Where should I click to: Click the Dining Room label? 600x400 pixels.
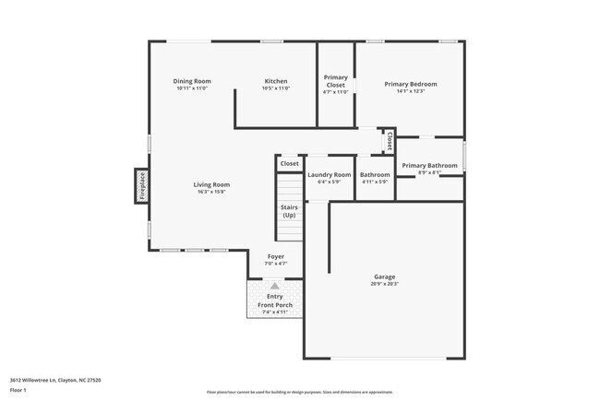coord(192,81)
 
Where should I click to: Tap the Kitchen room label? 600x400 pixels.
coord(276,81)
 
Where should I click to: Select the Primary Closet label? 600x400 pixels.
coord(335,81)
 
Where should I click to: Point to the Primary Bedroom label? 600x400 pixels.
coord(410,84)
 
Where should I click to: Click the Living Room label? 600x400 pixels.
coord(211,184)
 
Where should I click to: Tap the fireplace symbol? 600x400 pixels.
coord(142,185)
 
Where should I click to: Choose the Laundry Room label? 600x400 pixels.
coord(330,174)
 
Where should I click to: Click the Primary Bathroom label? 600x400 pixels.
coord(429,165)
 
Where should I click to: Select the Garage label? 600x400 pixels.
coord(384,276)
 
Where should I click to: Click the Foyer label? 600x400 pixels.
coord(276,256)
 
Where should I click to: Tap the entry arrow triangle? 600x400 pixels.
coord(274,286)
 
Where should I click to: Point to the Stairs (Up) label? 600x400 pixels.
coord(289,211)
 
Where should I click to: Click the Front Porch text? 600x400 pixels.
coord(275,305)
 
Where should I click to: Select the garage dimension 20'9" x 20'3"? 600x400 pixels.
coord(384,284)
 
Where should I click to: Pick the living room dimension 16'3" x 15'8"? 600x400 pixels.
coord(211,192)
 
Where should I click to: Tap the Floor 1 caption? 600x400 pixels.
coord(19,391)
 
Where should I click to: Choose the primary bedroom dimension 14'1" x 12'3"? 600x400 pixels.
coord(410,90)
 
